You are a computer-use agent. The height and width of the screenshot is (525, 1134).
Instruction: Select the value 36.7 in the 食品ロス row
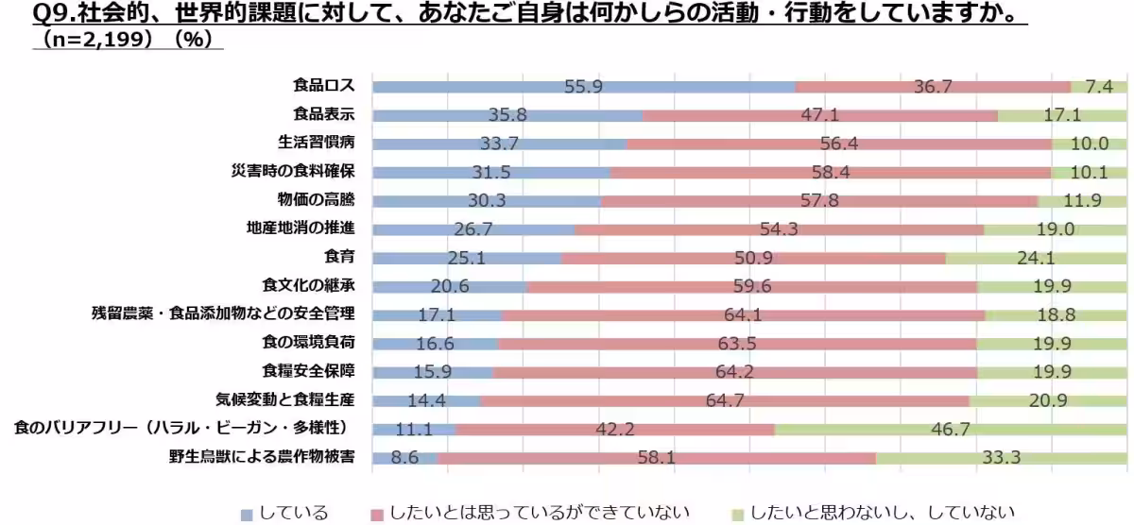(x=932, y=87)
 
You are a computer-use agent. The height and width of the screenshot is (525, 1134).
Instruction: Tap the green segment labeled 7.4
(x=1098, y=87)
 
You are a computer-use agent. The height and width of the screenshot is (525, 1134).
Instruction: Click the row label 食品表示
(x=324, y=115)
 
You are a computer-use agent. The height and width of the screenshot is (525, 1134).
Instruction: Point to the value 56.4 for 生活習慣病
(x=838, y=144)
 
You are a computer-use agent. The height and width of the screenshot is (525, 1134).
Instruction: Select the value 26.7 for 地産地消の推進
(x=472, y=229)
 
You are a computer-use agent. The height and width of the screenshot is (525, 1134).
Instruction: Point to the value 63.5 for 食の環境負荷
(x=736, y=344)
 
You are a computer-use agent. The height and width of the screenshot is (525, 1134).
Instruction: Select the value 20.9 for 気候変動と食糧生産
(x=1047, y=400)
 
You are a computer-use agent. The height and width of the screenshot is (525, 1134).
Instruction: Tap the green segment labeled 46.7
(x=951, y=430)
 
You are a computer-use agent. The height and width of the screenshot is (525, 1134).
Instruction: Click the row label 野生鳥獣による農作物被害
(x=262, y=457)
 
